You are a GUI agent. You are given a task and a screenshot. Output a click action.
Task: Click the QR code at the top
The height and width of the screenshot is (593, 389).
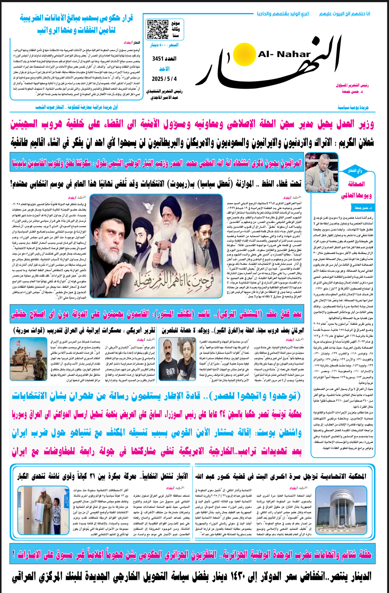[157, 30]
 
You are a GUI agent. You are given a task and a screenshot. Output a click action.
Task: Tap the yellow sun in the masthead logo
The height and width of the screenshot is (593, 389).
[244, 54]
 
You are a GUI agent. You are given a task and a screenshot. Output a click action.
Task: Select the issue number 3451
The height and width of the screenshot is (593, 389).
[164, 58]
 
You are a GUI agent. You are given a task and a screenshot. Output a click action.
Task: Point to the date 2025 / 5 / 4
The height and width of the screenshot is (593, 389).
[164, 79]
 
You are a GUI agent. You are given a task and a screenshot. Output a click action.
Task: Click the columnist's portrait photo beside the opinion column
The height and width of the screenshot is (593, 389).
[321, 172]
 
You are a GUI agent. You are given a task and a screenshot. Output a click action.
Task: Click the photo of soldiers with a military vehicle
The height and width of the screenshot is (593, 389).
[28, 359]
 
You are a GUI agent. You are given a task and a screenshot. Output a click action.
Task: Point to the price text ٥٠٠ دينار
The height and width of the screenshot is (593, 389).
[164, 45]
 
